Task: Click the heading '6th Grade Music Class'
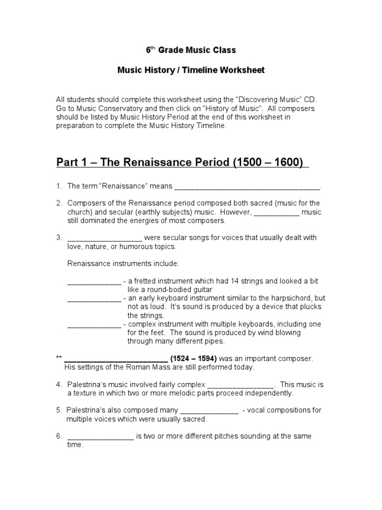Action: [x=191, y=50]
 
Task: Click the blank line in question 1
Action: [x=247, y=187]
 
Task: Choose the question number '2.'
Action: [x=59, y=203]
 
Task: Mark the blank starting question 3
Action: [x=104, y=238]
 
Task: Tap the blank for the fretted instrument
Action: [x=94, y=281]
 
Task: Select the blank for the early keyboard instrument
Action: [x=94, y=299]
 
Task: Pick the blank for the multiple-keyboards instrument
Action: [x=94, y=325]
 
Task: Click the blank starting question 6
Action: [x=100, y=437]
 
